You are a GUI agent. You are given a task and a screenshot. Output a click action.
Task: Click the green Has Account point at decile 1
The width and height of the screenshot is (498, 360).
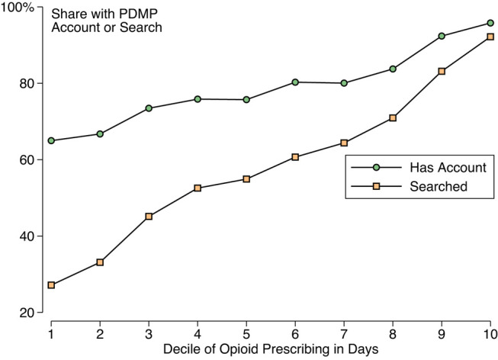pos(51,140)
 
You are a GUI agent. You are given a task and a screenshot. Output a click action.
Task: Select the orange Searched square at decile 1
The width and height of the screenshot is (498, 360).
pos(51,285)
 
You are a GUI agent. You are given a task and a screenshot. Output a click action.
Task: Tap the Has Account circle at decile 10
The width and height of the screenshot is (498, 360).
pos(490,23)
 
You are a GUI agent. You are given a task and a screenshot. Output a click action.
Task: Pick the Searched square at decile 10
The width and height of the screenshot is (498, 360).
pos(490,37)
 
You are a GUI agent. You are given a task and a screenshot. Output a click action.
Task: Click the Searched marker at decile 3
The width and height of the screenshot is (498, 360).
pos(149,217)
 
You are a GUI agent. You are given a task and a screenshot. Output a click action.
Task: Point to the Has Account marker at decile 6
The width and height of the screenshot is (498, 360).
pos(295,82)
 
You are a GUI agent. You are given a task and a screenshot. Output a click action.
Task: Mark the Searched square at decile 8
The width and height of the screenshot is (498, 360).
pos(393,118)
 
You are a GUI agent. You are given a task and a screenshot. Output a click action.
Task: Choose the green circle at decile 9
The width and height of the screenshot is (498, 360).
pos(442,36)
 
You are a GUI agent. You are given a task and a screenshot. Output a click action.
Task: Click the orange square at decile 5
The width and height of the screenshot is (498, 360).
pos(246,179)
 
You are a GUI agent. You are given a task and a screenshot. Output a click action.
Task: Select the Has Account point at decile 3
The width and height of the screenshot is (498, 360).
pos(149,108)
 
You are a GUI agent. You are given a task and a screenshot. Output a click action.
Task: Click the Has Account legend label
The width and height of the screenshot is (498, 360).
pos(448,168)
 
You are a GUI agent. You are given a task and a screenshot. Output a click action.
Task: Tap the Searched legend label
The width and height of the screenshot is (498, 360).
pos(439,186)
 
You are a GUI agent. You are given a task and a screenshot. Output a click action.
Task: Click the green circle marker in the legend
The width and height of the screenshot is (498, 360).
pos(376,168)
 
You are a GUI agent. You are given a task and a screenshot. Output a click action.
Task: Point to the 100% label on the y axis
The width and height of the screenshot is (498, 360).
pos(17,8)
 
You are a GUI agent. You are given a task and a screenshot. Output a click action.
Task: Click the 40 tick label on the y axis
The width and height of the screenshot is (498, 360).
pos(27,236)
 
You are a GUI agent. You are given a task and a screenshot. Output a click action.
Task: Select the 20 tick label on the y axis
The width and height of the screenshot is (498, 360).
pos(27,313)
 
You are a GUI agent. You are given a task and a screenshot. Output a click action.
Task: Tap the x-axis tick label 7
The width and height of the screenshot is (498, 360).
pos(344,334)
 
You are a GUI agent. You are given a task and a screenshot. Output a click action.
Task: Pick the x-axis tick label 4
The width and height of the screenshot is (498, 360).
pos(198,334)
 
